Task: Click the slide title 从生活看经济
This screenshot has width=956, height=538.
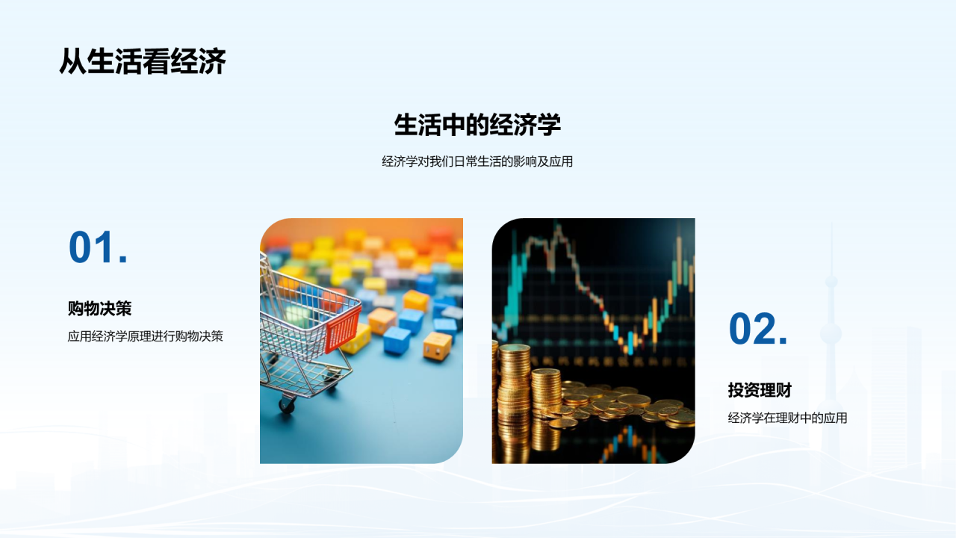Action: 142,62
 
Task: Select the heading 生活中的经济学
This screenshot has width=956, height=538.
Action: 477,125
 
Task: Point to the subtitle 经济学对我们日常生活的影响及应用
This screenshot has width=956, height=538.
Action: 477,161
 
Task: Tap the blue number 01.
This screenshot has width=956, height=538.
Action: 98,247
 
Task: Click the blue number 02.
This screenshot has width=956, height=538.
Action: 758,329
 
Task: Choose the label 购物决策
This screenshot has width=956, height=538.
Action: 99,308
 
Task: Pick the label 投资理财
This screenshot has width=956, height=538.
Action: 760,390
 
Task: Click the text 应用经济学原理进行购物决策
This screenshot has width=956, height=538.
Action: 145,336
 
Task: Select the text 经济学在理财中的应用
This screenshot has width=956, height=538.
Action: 787,418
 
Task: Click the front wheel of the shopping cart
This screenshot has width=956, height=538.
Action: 287,405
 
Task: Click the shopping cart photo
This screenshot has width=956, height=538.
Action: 361,341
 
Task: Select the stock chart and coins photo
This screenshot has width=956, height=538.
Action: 593,341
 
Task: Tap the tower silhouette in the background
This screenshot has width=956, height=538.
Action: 831,336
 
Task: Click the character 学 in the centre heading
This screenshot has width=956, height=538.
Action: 548,125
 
